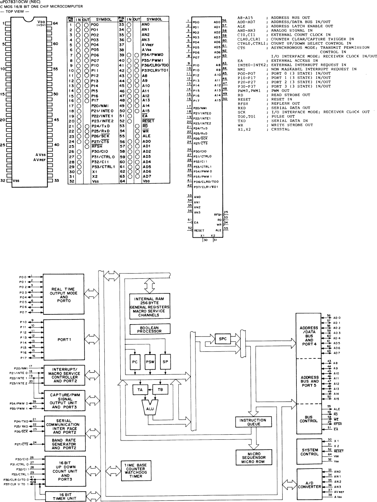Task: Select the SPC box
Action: (x=222, y=339)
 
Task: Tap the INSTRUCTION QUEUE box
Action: (x=253, y=422)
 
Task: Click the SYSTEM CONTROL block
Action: (x=310, y=452)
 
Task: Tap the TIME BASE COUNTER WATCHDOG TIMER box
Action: (x=136, y=470)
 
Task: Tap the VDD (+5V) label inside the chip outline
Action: (x=41, y=24)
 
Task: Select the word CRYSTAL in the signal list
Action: (x=280, y=129)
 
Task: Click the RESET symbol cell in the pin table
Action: (x=148, y=121)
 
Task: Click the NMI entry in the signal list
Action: (x=241, y=69)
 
